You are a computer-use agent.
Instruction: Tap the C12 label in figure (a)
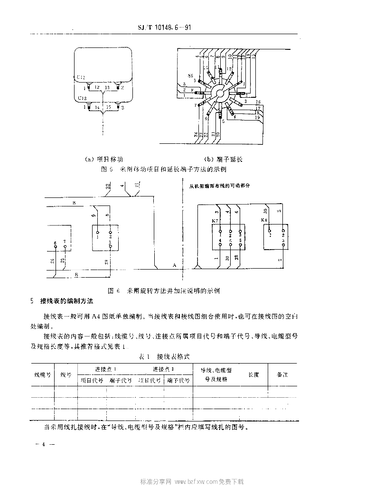81,76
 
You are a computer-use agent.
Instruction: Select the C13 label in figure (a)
82,98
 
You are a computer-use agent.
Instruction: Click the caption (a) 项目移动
103,159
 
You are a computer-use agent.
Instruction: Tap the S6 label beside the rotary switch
190,75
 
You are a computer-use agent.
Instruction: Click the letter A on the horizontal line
174,264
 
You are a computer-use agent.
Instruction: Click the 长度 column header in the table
253,374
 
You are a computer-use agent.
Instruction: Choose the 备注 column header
283,374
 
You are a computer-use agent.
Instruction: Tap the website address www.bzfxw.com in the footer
197,481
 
